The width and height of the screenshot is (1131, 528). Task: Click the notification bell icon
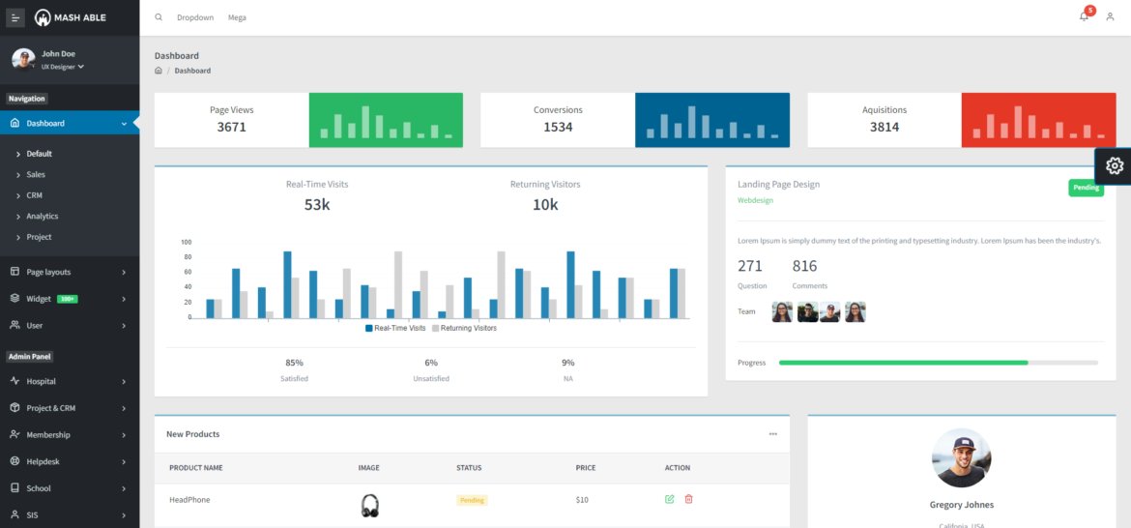pos(1084,16)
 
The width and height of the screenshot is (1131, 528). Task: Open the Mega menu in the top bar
pos(237,17)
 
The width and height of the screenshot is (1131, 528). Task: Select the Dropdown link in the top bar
pos(195,17)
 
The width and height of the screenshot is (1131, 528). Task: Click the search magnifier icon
pos(159,17)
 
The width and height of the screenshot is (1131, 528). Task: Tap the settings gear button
pos(1114,165)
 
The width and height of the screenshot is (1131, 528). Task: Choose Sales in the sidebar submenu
pos(36,175)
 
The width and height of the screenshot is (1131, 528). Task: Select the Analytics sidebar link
pos(43,217)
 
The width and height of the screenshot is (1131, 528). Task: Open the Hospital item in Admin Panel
pos(41,381)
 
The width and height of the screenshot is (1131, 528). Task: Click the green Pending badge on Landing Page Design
pos(1086,188)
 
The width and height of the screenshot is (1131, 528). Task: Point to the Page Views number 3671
pos(232,127)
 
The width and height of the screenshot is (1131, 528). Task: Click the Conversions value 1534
pos(558,127)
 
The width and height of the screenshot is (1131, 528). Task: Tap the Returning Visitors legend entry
pos(464,329)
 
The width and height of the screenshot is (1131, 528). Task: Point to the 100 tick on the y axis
pos(187,243)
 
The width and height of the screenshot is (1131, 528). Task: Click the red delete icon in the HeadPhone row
pos(689,499)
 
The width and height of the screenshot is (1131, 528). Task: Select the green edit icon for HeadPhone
pos(670,499)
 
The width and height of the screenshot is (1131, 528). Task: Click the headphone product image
pos(369,505)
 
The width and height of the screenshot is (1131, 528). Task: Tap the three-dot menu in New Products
pos(772,434)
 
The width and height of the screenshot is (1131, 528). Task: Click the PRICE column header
pos(586,468)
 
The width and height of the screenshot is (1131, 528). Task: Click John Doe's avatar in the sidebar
pos(23,59)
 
